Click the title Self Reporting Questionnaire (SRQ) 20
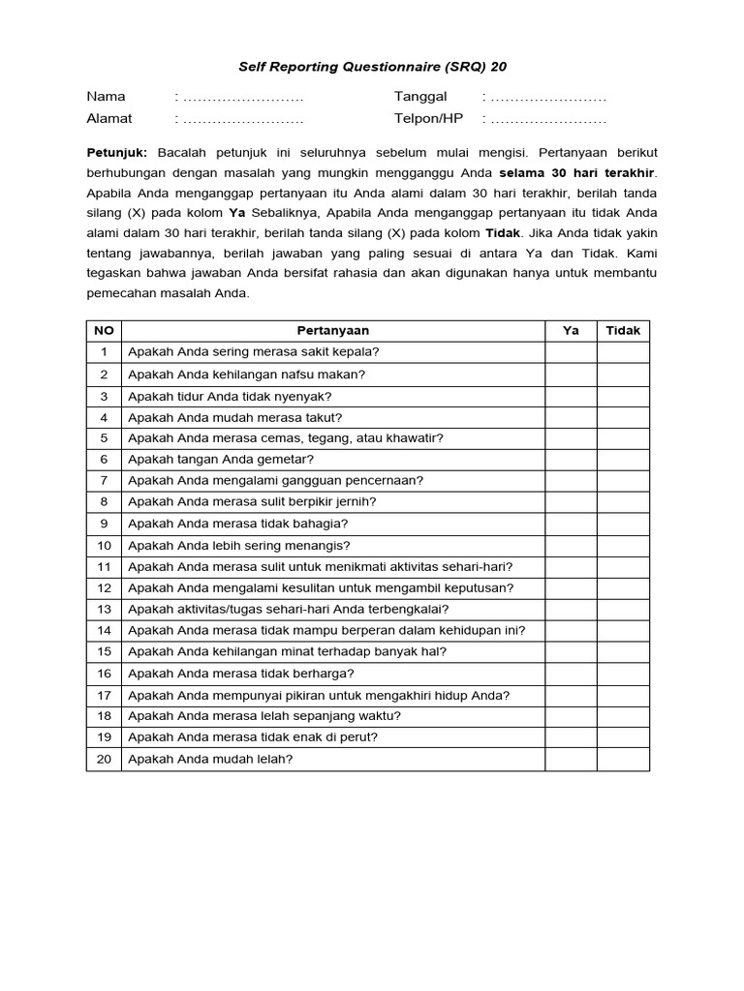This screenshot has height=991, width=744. (x=372, y=68)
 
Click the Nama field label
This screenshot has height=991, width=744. (x=107, y=97)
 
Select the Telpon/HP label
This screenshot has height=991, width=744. (x=428, y=118)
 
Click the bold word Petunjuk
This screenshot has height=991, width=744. (x=116, y=153)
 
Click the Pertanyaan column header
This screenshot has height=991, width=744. (x=332, y=331)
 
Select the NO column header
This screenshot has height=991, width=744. (x=104, y=331)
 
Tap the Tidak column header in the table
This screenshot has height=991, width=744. (x=623, y=331)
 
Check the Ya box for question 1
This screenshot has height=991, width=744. (x=571, y=352)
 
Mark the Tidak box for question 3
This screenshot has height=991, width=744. (x=623, y=396)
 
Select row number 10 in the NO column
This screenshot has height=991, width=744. (x=104, y=546)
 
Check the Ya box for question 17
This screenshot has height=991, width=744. (x=571, y=695)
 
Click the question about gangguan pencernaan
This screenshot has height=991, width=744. (x=275, y=481)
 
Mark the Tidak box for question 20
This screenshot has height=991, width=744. (x=623, y=760)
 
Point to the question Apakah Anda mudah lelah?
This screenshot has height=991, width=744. (x=210, y=760)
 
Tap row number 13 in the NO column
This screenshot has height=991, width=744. (x=104, y=610)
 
